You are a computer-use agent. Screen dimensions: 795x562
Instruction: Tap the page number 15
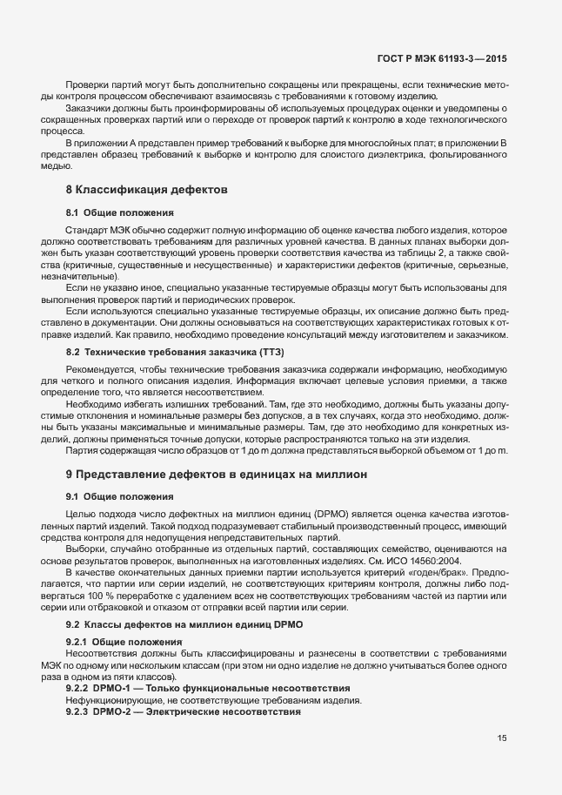pyautogui.click(x=502, y=738)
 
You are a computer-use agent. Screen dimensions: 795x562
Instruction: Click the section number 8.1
pyautogui.click(x=75, y=212)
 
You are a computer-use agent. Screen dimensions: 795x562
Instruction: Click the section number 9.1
pyautogui.click(x=75, y=496)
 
